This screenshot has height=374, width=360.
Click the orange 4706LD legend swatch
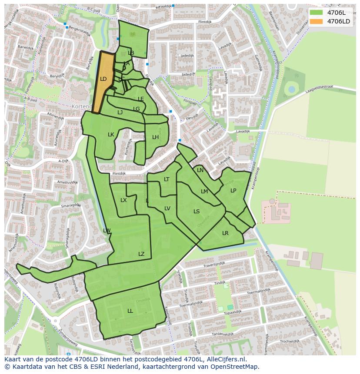click(316, 21)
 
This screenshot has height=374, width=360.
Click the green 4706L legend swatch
click(316, 12)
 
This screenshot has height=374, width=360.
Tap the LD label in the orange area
click(103, 79)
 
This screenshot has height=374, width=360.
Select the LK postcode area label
click(111, 135)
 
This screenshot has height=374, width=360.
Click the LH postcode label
click(155, 137)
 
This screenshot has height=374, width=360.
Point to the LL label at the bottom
click(130, 311)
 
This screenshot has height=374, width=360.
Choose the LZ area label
click(141, 254)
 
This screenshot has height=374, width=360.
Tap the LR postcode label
click(225, 233)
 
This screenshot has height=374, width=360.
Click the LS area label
click(197, 212)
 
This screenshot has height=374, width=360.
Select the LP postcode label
click(233, 191)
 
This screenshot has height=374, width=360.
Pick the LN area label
click(200, 170)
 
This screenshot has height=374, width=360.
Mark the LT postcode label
click(167, 179)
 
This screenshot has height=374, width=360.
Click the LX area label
click(123, 200)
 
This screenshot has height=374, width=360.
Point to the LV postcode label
click(167, 209)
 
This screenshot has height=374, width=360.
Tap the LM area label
click(204, 192)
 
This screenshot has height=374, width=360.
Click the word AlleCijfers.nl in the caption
click(225, 360)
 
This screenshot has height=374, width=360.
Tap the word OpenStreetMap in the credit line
click(234, 367)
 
